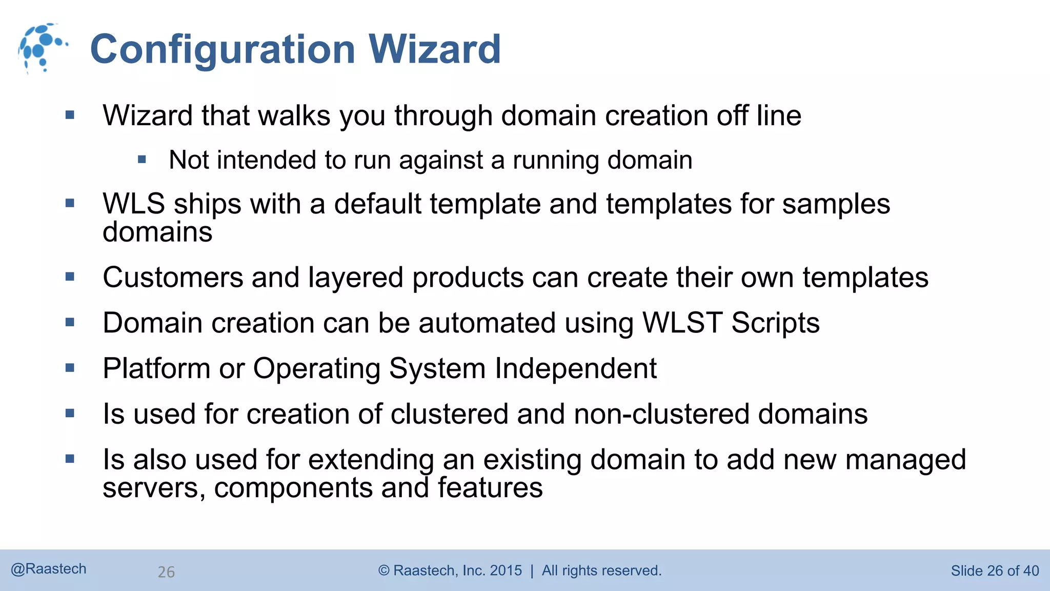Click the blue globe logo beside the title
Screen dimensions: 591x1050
tap(41, 48)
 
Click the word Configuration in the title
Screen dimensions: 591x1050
tap(223, 49)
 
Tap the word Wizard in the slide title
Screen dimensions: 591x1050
tap(434, 49)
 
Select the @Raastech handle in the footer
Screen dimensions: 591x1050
tap(49, 569)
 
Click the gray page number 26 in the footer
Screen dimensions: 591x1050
tap(166, 572)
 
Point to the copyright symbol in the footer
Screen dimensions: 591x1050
tap(383, 570)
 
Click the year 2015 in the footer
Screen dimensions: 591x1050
tap(506, 570)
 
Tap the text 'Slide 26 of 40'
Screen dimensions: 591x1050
tap(995, 570)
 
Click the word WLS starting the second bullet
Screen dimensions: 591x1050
tap(134, 204)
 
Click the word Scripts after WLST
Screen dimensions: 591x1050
tap(775, 323)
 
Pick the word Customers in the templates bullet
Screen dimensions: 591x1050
tap(173, 278)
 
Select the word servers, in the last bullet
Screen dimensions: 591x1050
tap(154, 488)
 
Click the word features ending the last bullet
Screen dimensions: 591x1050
tap(490, 488)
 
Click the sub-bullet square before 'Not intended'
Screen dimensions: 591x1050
tap(142, 160)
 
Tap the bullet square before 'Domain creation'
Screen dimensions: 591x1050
tap(70, 323)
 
